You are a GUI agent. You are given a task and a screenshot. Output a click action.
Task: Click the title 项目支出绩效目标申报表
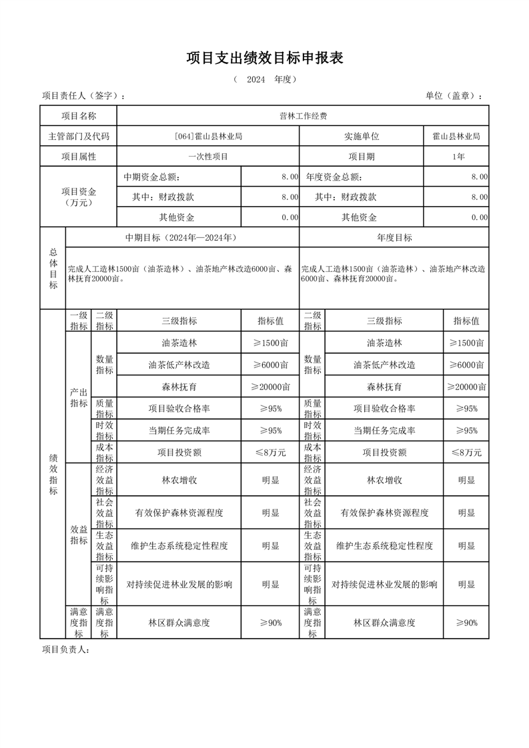pos(264,59)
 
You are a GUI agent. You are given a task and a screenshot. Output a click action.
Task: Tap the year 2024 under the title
pos(255,79)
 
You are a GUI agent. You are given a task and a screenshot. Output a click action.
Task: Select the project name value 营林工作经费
pos(303,116)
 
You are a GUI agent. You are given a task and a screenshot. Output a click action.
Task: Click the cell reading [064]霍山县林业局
pos(208,137)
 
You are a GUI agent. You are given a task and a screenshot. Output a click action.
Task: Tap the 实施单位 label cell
pos(362,137)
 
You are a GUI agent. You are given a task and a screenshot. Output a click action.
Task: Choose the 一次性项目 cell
pos(208,157)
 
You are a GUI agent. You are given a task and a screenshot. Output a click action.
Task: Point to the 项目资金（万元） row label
pos(79,197)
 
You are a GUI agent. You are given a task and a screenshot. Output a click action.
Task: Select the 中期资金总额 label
pos(151,177)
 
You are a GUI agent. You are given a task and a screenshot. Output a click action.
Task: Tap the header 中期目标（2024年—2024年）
pos(181,238)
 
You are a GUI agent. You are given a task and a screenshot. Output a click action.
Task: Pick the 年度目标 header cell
pos(394,238)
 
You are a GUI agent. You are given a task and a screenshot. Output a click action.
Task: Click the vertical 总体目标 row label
pos(53,269)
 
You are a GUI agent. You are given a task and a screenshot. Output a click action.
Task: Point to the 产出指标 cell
pos(79,398)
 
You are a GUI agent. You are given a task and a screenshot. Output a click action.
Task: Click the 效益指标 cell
pos(79,535)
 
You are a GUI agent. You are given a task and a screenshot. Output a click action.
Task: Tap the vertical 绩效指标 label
pos(53,475)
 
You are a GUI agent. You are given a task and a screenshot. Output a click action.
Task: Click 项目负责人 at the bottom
pos(65,650)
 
